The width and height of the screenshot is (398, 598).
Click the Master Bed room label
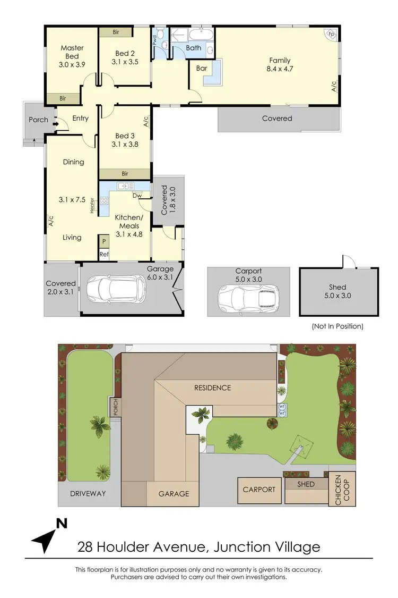[72, 52]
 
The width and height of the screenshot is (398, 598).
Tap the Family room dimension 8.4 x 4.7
[279, 69]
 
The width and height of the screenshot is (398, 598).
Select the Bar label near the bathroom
[202, 69]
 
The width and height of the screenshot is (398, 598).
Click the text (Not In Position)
[338, 326]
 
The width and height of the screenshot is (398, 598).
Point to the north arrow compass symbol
[49, 535]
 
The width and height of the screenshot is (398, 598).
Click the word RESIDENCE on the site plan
[212, 388]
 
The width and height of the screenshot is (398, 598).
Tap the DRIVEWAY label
[88, 493]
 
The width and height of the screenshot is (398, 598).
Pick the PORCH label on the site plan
[115, 408]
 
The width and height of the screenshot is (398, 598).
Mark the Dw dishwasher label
[137, 195]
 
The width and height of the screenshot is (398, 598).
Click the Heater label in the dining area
[92, 205]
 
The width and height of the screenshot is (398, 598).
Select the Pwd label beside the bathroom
[155, 39]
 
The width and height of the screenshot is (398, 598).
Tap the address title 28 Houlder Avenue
[199, 546]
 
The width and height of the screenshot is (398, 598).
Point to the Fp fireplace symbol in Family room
[331, 33]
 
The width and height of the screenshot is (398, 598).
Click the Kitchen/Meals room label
[129, 226]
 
